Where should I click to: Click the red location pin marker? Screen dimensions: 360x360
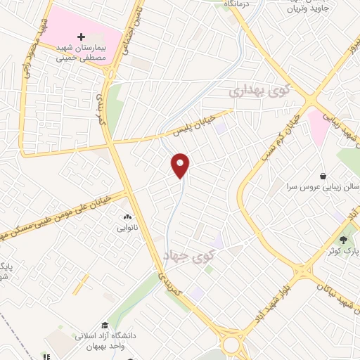point(181,165)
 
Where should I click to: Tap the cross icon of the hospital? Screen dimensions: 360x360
point(81,36)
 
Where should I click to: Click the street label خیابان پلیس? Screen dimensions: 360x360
point(193,126)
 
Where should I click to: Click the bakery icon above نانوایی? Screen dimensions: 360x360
point(127,217)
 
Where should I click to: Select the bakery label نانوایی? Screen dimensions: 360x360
point(127,229)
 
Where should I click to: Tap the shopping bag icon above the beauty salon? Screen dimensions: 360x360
point(323,175)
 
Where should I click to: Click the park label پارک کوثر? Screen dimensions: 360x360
point(345,250)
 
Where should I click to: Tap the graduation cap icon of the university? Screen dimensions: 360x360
point(105,325)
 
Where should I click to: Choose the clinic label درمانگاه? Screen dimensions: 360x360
point(238,4)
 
